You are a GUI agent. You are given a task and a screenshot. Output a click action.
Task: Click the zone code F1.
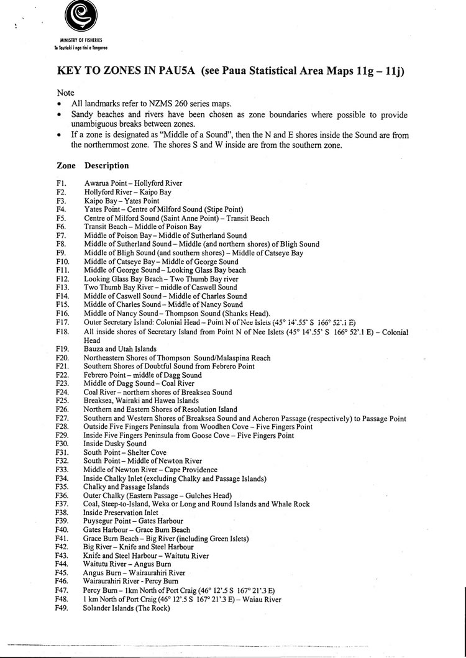pos(61,184)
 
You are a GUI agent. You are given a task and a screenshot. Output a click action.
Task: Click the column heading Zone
pos(66,166)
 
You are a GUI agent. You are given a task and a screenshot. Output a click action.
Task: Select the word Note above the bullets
pos(65,92)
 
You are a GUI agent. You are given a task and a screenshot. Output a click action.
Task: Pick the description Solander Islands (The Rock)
pos(127,608)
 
